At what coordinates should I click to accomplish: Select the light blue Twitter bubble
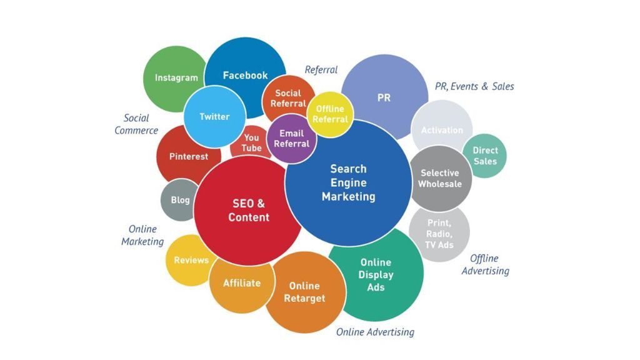click(214, 117)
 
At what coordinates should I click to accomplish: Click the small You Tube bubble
click(251, 143)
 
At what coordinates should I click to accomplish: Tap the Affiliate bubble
click(241, 283)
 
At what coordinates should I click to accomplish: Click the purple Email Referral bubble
click(291, 139)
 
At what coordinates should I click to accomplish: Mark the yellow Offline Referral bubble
click(330, 114)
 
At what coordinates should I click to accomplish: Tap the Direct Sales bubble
click(485, 156)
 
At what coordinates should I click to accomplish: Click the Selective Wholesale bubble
click(440, 178)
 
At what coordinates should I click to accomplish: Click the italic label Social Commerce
click(136, 124)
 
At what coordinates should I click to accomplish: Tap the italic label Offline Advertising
click(485, 264)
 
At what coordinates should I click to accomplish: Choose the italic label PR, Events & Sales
click(474, 86)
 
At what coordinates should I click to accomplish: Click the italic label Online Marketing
click(142, 235)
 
